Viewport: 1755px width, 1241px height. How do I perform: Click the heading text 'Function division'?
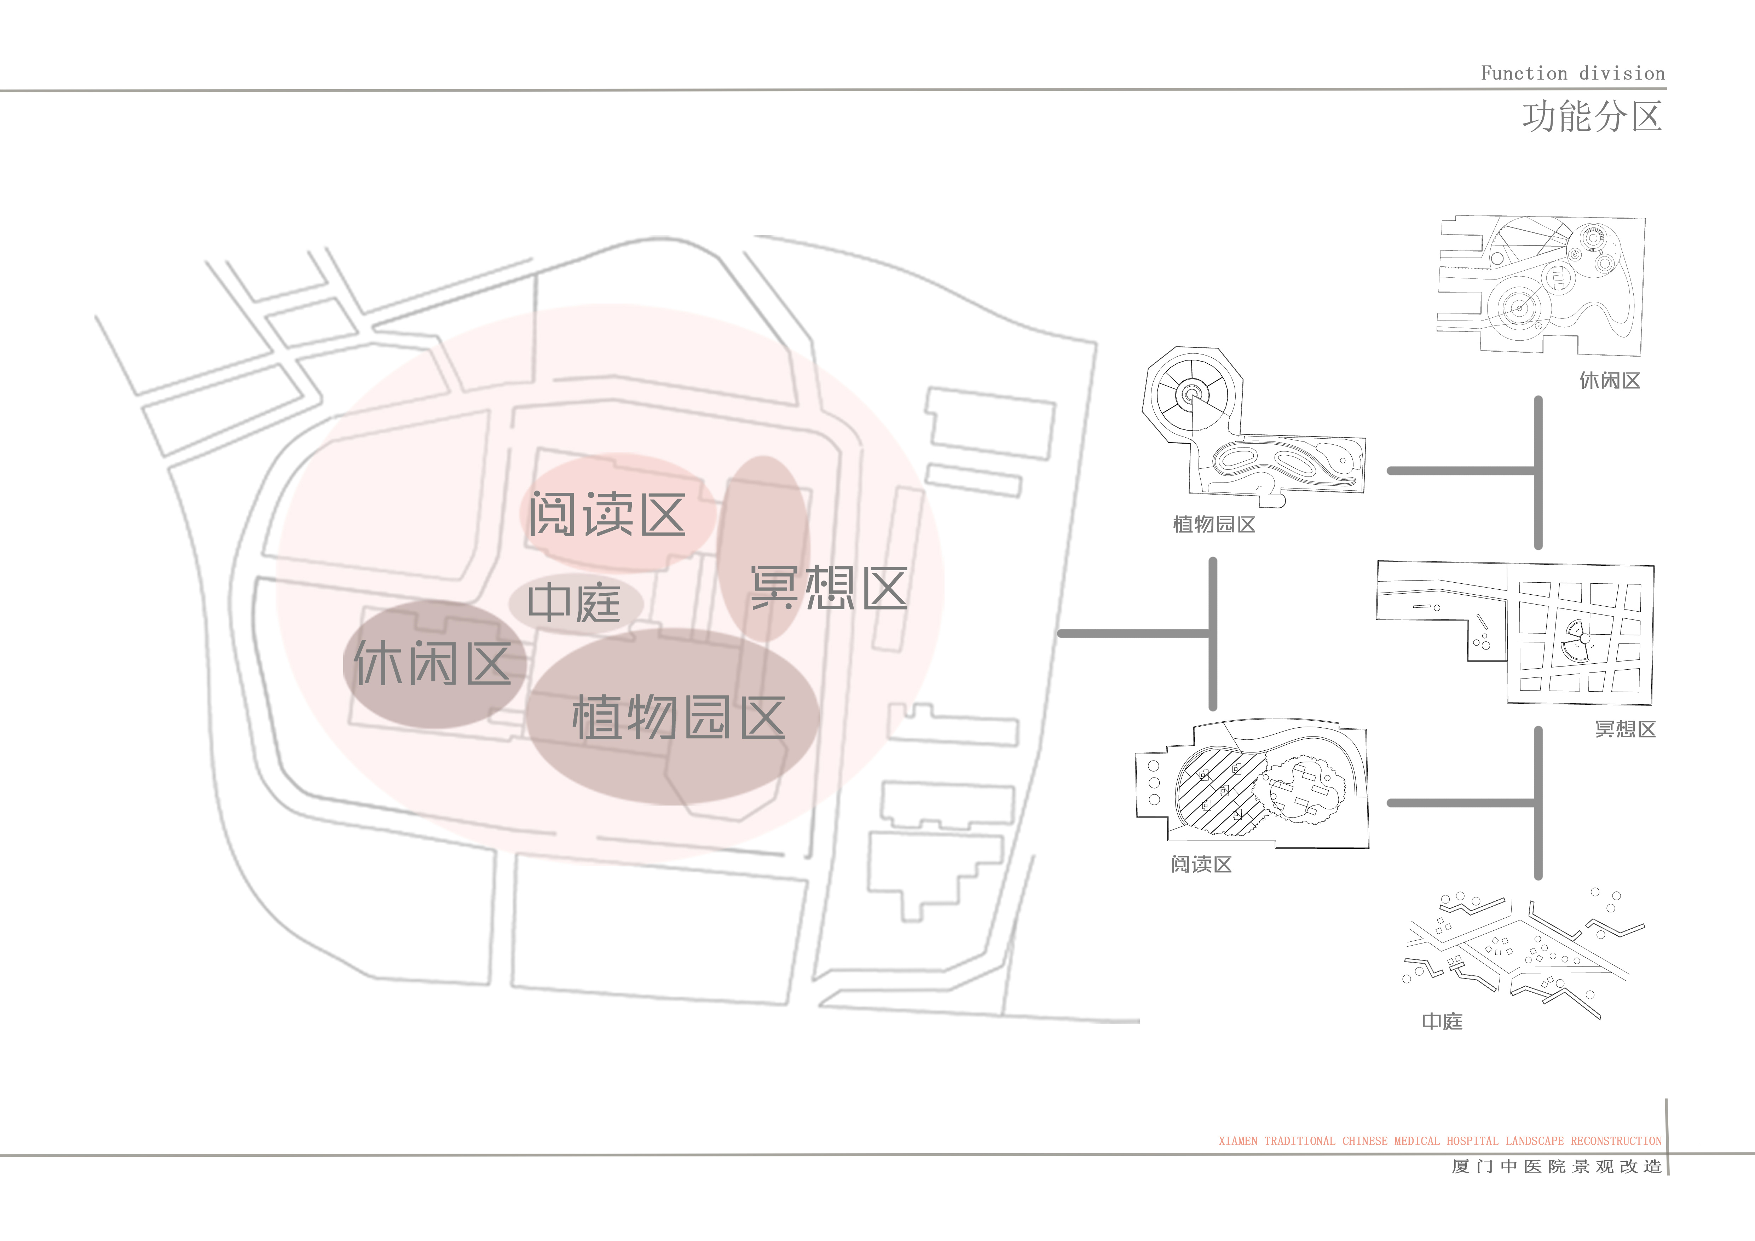1572,73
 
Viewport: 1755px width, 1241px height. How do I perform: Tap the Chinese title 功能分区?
1592,117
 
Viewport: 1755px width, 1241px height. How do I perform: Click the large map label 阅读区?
607,514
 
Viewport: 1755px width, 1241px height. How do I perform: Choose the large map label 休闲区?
432,663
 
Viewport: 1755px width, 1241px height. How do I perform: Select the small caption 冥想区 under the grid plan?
1625,729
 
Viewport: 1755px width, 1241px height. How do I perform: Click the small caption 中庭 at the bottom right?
1442,1022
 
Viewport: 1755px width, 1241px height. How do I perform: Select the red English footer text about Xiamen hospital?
1440,1141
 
